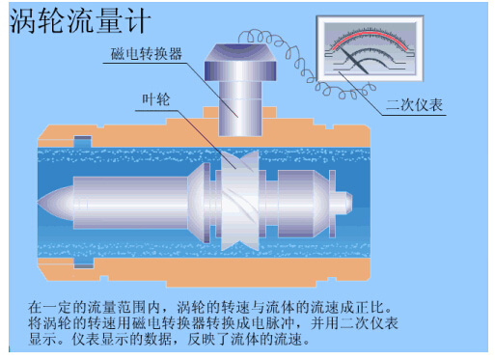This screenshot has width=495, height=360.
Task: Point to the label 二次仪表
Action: click(x=415, y=104)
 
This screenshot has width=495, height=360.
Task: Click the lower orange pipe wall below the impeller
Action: click(x=237, y=275)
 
